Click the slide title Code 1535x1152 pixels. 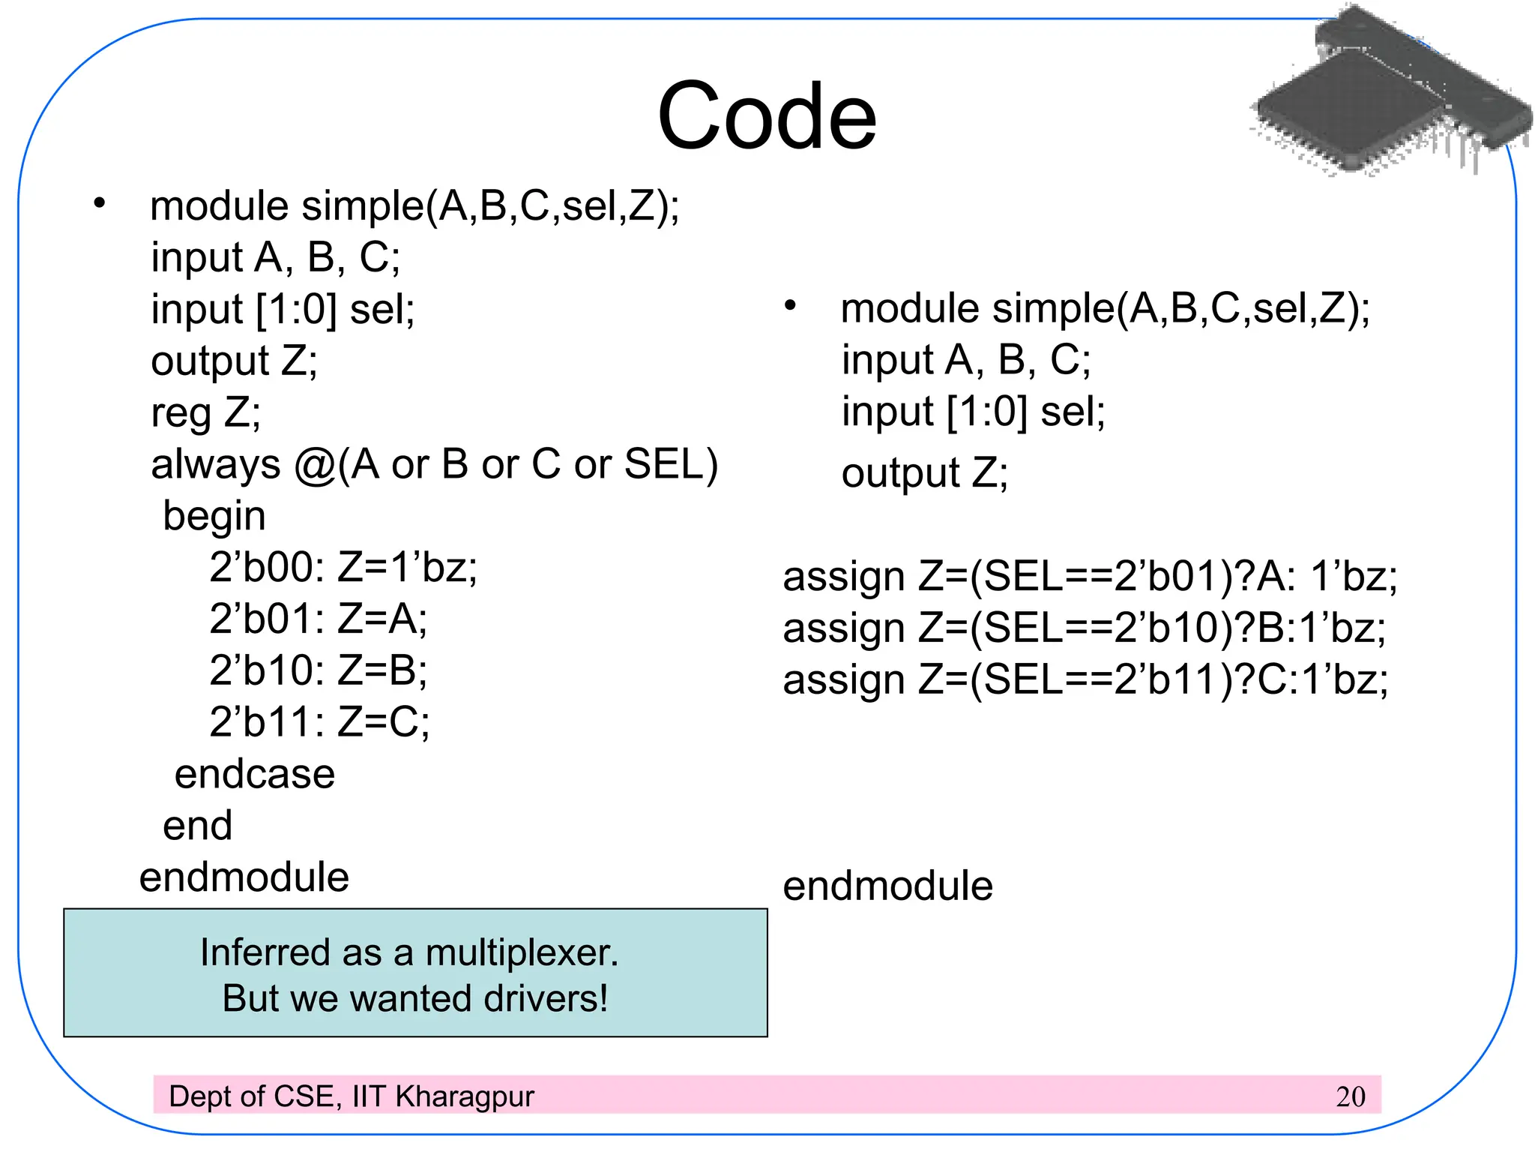(x=767, y=116)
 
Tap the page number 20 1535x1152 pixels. (x=1350, y=1096)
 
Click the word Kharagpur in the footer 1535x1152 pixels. (x=465, y=1096)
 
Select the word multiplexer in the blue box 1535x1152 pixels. (x=522, y=953)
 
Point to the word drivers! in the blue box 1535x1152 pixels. (x=546, y=999)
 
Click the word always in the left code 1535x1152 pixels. (x=216, y=465)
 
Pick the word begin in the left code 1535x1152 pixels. (x=214, y=517)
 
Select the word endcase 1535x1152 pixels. (x=255, y=774)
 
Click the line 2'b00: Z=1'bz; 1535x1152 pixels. (x=343, y=568)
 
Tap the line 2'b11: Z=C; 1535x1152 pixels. (x=320, y=722)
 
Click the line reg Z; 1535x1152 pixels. (x=206, y=412)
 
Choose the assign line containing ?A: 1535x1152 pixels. (x=1090, y=577)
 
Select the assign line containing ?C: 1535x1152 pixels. (x=1085, y=680)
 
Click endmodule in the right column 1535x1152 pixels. (x=887, y=886)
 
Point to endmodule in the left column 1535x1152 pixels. (x=244, y=877)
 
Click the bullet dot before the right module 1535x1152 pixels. (x=790, y=306)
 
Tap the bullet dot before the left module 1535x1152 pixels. (x=100, y=203)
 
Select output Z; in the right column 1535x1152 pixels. (x=925, y=473)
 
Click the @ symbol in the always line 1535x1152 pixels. (x=315, y=466)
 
